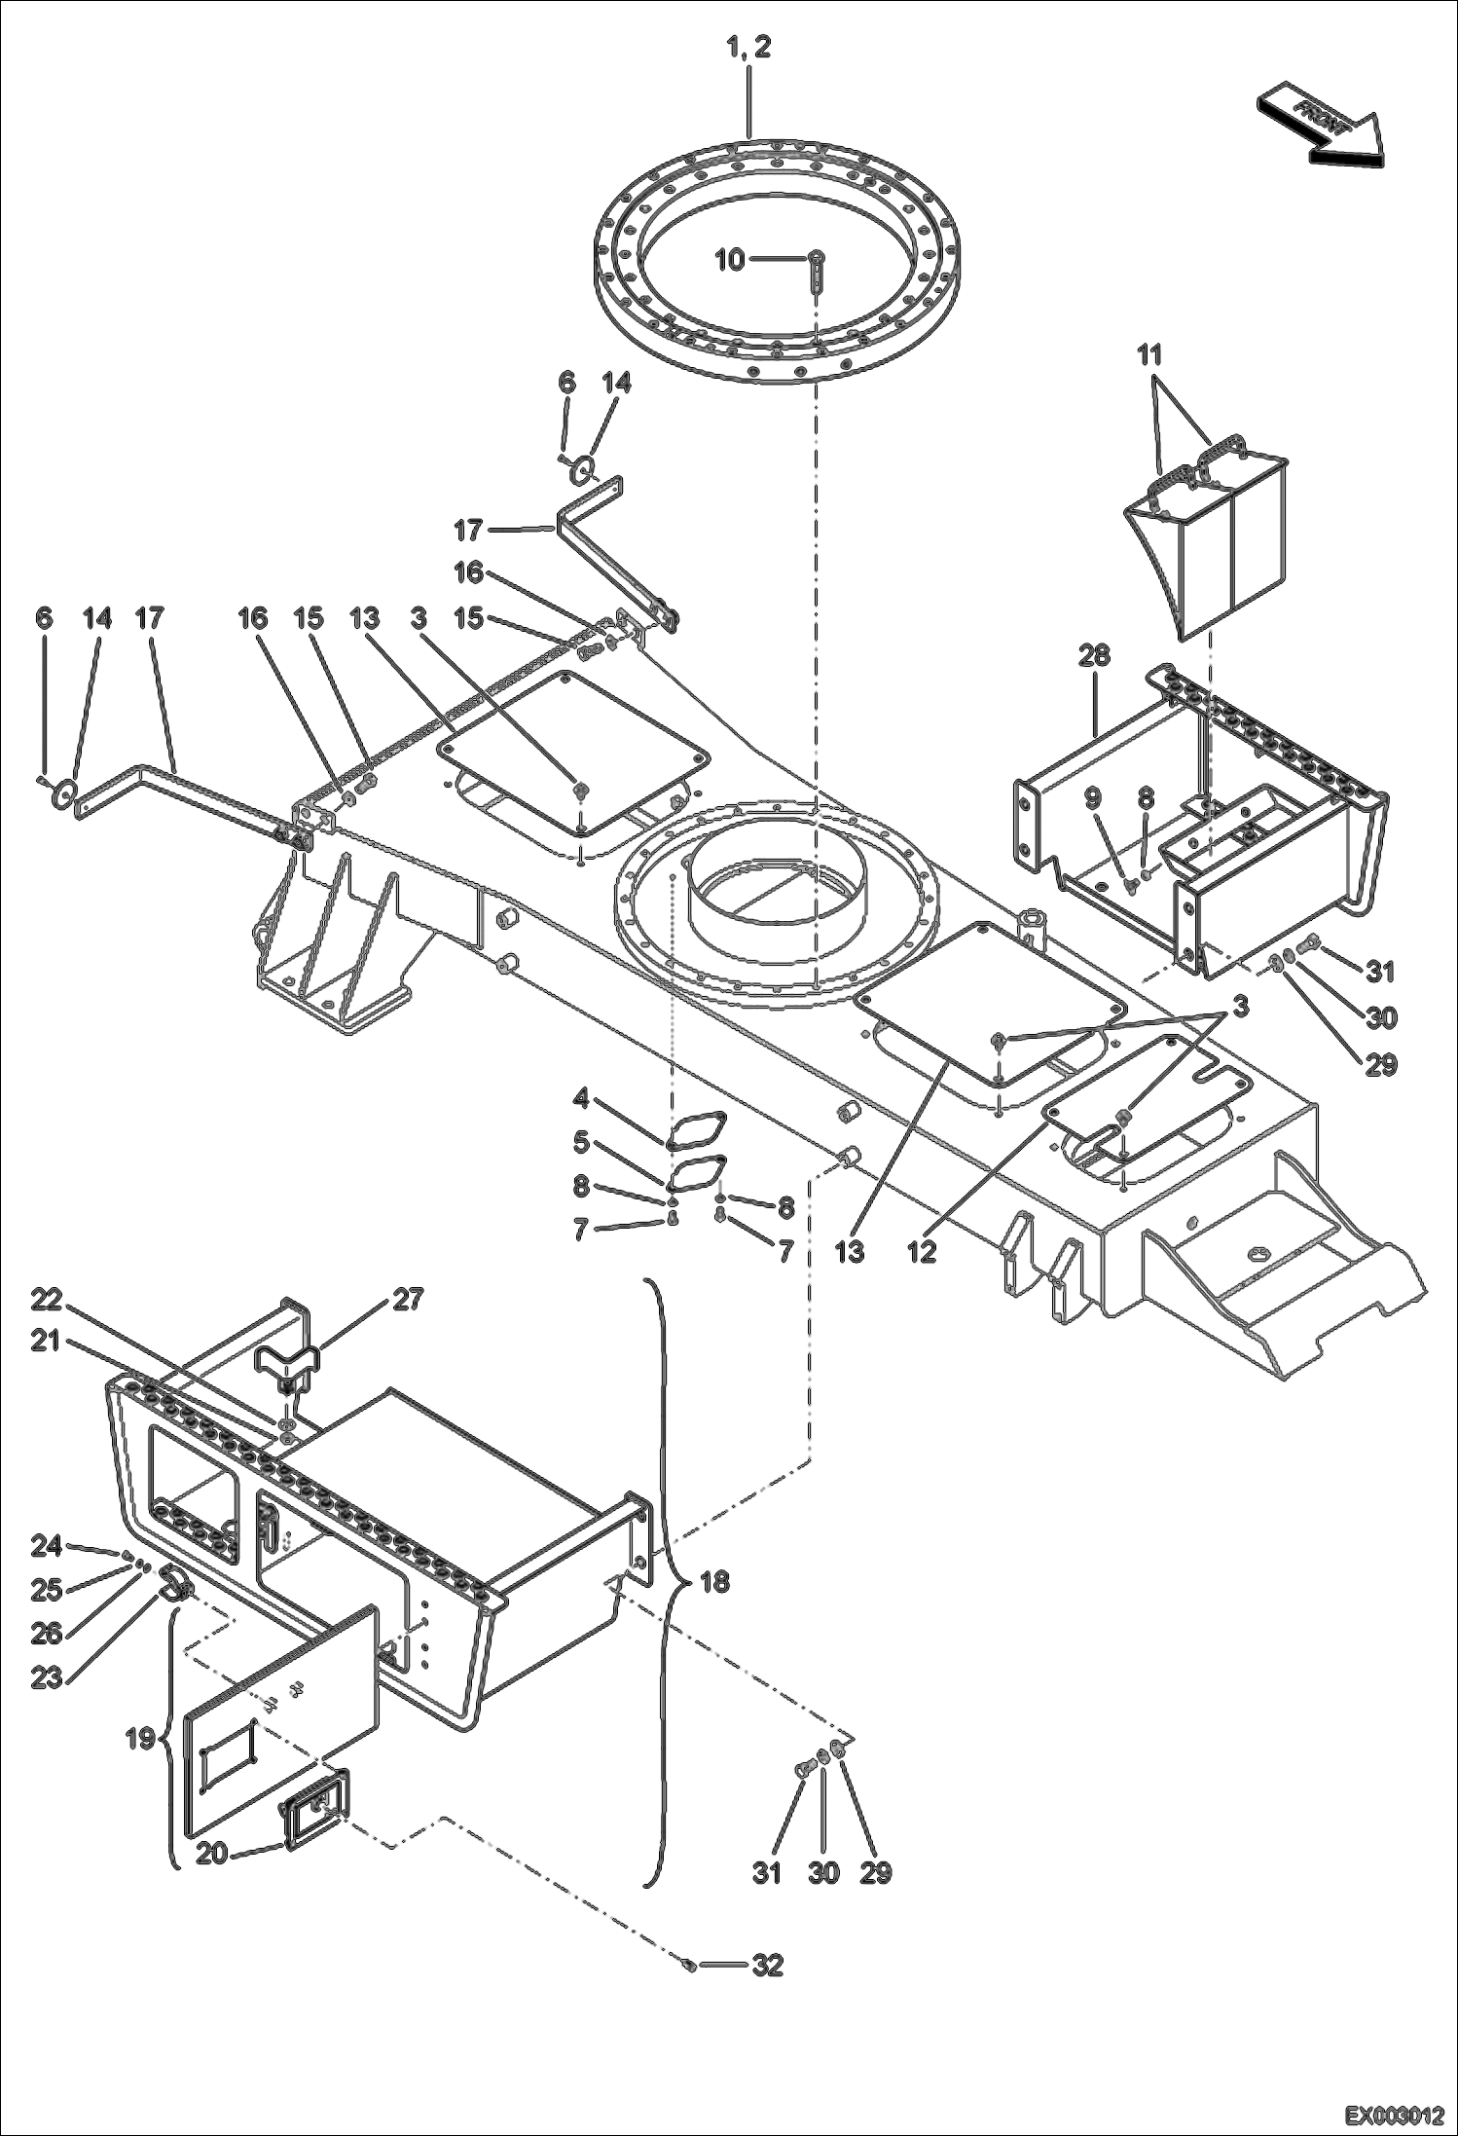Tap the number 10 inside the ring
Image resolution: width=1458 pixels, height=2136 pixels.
pos(730,259)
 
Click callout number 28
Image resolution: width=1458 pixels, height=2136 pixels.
pos(1094,656)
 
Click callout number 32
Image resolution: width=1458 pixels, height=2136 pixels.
pos(768,1966)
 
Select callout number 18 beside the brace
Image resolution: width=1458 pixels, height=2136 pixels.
pos(714,1581)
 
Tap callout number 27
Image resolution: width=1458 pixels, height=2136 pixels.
pos(408,1299)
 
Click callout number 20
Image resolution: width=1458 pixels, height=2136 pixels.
pos(212,1854)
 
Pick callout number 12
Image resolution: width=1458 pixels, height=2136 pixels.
pos(921,1252)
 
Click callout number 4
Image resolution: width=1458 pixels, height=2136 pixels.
pos(581,1100)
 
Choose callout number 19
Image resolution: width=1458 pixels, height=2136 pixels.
pos(141,1738)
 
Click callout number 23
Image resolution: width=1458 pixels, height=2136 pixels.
pos(46,1677)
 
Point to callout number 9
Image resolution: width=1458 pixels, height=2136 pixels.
pos(1092,798)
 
